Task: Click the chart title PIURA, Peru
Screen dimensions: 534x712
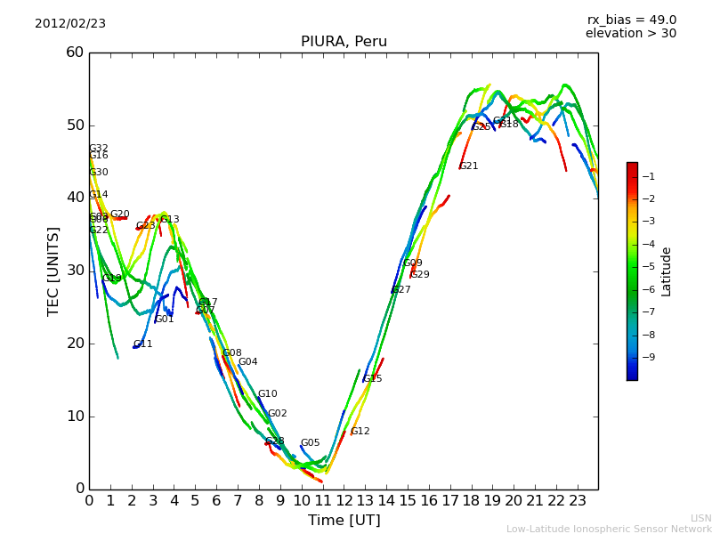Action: click(x=344, y=42)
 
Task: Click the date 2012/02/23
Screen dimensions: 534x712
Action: click(x=70, y=23)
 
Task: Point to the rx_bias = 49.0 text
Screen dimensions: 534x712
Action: click(x=631, y=20)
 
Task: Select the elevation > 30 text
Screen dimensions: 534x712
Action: click(x=630, y=34)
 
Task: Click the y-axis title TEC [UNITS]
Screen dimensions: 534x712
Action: click(x=53, y=271)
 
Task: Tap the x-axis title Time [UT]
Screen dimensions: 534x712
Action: click(x=344, y=521)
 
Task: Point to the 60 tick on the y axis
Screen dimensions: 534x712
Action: click(x=74, y=53)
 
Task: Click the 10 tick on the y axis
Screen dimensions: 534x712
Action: click(x=74, y=417)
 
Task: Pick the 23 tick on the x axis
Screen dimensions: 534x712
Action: click(x=577, y=501)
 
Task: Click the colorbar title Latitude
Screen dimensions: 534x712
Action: click(x=667, y=271)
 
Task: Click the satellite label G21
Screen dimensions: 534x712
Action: click(x=469, y=166)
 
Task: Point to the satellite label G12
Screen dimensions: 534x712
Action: click(x=360, y=432)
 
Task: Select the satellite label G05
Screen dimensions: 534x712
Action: click(x=310, y=443)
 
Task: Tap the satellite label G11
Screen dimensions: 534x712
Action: click(x=143, y=344)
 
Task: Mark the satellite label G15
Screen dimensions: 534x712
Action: click(x=372, y=379)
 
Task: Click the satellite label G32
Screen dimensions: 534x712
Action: click(x=99, y=149)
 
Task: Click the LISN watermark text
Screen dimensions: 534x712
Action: click(x=700, y=518)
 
